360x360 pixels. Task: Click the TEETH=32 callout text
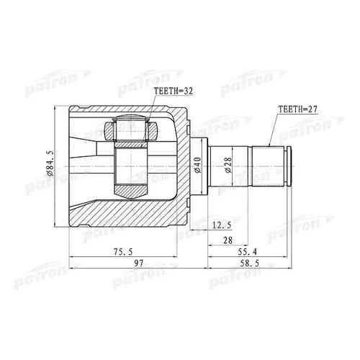(173, 91)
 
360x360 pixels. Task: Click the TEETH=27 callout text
(297, 109)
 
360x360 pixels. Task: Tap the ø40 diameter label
(198, 165)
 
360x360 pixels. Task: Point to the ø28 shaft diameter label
(228, 165)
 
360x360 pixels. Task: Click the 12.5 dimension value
(222, 225)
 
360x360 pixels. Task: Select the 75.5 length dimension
(123, 252)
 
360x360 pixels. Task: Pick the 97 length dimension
(138, 264)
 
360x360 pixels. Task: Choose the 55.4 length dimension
(247, 252)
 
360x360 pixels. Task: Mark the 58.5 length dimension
(250, 264)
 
